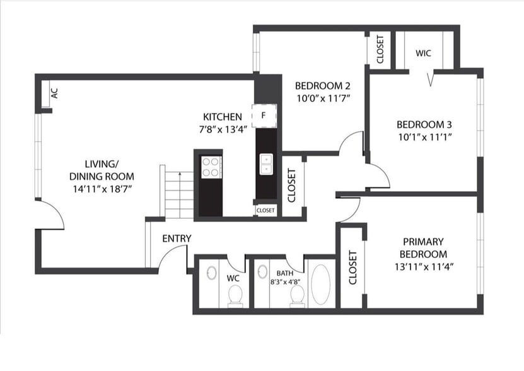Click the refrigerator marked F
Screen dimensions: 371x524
[264, 115]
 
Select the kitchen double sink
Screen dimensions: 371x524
[266, 164]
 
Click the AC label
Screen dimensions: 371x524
[54, 93]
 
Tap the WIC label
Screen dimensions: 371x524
[423, 53]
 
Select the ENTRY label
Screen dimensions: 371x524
[177, 238]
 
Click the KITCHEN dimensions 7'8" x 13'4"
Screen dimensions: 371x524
[222, 128]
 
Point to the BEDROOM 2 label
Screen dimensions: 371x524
[322, 86]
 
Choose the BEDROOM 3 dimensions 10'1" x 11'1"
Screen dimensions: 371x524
[424, 136]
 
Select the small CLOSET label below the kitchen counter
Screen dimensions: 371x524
[265, 210]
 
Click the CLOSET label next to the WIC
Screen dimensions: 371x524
[380, 49]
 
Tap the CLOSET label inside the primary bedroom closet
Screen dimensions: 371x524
[352, 268]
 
